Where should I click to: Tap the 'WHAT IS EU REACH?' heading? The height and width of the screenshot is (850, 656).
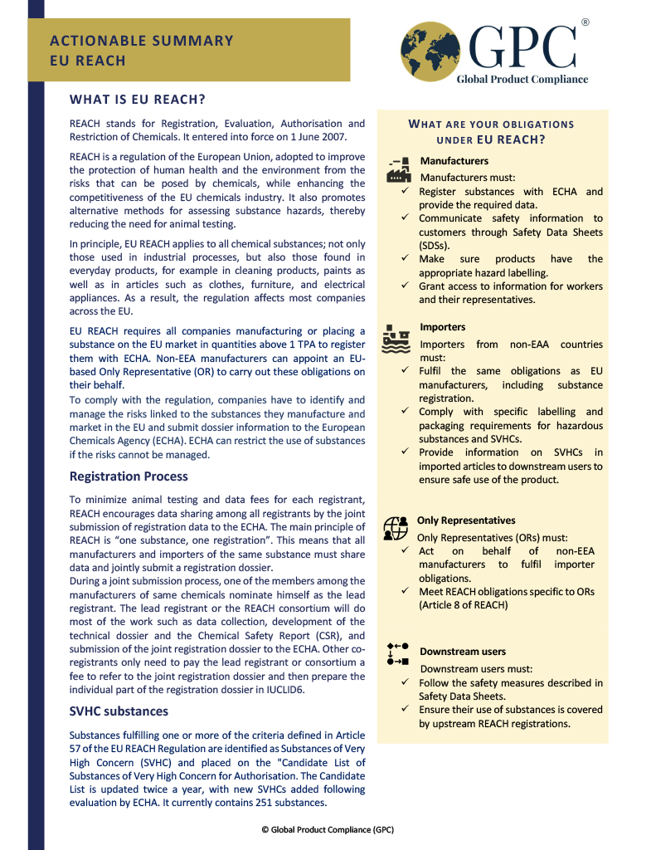[x=138, y=100]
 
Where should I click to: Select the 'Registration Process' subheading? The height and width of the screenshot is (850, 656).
[x=129, y=476]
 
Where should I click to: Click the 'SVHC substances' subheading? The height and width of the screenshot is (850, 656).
[x=119, y=711]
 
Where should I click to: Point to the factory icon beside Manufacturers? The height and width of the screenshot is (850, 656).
[x=399, y=169]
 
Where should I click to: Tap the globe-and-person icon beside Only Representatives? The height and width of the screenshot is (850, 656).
[x=396, y=528]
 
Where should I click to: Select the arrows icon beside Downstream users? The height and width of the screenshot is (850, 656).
[x=397, y=653]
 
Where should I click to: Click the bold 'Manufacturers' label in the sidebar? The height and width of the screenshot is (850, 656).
[x=454, y=161]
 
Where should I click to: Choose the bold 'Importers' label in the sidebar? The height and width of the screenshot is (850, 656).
[x=443, y=327]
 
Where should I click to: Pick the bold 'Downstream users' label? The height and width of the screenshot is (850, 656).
[x=463, y=652]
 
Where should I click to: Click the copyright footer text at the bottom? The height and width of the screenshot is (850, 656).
[x=328, y=829]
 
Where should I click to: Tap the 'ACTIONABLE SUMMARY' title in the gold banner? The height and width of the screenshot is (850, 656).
[x=142, y=41]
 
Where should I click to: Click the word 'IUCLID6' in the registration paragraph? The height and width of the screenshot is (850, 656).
[x=284, y=690]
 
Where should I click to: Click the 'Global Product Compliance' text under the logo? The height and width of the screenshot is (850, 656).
[x=522, y=80]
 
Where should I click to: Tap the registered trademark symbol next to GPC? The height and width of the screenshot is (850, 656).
[x=585, y=22]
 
